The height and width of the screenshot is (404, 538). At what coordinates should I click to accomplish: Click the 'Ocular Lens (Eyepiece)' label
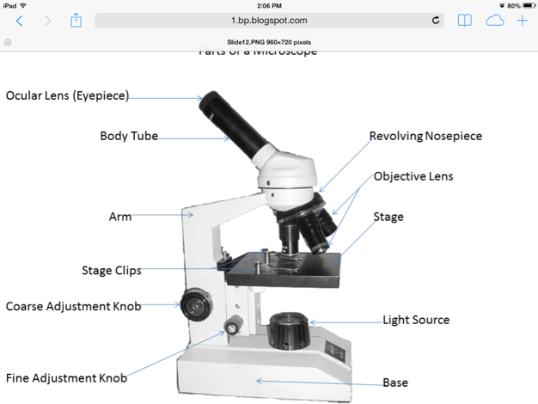(x=67, y=96)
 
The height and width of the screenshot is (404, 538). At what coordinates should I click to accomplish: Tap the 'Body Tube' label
(x=129, y=136)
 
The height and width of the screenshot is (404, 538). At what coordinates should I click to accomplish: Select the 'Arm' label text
(x=120, y=217)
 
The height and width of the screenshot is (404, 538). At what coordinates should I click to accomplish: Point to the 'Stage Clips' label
(x=112, y=271)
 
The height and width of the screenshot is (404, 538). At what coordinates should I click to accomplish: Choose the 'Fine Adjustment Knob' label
(x=67, y=377)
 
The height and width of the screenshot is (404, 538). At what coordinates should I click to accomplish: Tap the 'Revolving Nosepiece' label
(x=425, y=136)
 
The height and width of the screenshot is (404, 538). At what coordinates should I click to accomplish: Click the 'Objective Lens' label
(x=413, y=176)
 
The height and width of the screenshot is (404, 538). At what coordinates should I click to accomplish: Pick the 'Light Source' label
(x=416, y=320)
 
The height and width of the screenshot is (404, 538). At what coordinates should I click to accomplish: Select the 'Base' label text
(x=395, y=383)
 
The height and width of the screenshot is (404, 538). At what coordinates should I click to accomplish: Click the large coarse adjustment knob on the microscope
(x=193, y=301)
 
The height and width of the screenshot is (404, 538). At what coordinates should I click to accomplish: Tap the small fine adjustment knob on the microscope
(x=233, y=325)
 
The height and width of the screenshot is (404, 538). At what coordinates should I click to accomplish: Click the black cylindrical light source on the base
(x=288, y=331)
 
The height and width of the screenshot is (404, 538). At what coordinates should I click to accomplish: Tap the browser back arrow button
(x=19, y=21)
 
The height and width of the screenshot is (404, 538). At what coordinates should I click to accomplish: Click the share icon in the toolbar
(x=76, y=20)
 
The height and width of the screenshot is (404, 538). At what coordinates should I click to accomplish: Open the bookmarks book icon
(x=464, y=21)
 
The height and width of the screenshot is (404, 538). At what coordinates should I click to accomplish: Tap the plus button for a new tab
(x=522, y=21)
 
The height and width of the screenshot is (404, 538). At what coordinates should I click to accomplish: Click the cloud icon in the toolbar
(x=494, y=21)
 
